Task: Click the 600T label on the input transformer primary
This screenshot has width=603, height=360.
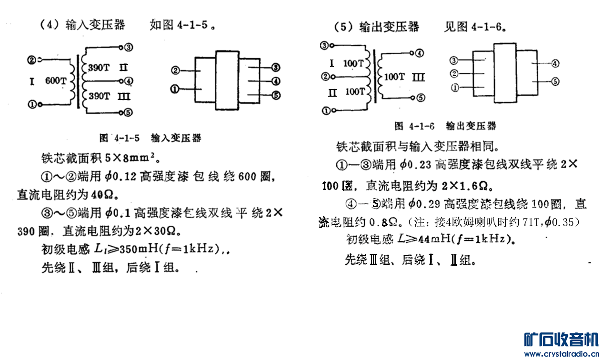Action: point(56,81)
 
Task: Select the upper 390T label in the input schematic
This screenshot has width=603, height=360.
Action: point(99,68)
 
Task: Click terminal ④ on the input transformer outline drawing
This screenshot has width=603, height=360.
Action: point(275,81)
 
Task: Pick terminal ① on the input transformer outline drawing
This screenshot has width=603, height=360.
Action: point(175,90)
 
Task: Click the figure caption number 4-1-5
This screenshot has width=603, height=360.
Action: point(127,138)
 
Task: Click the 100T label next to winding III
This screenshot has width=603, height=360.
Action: point(394,77)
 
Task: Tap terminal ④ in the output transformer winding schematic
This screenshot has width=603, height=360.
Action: point(419,53)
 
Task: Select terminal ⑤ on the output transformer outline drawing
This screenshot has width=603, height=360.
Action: point(555,81)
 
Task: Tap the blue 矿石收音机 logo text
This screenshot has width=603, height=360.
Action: point(561,339)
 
